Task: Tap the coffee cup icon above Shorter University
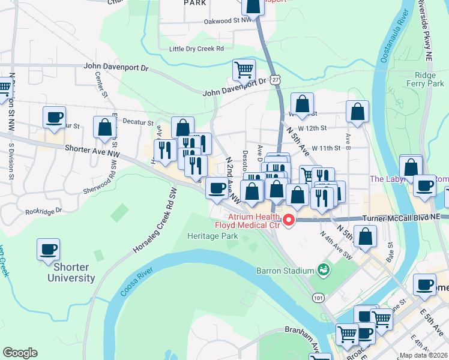(x=49, y=249)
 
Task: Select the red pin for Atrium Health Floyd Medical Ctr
(x=289, y=220)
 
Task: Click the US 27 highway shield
(x=274, y=79)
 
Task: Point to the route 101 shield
(x=317, y=298)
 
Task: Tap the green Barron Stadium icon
(x=324, y=270)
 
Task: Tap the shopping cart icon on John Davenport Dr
(x=244, y=70)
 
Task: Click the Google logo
(x=20, y=353)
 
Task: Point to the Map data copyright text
(x=423, y=355)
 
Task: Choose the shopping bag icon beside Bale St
(x=366, y=236)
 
